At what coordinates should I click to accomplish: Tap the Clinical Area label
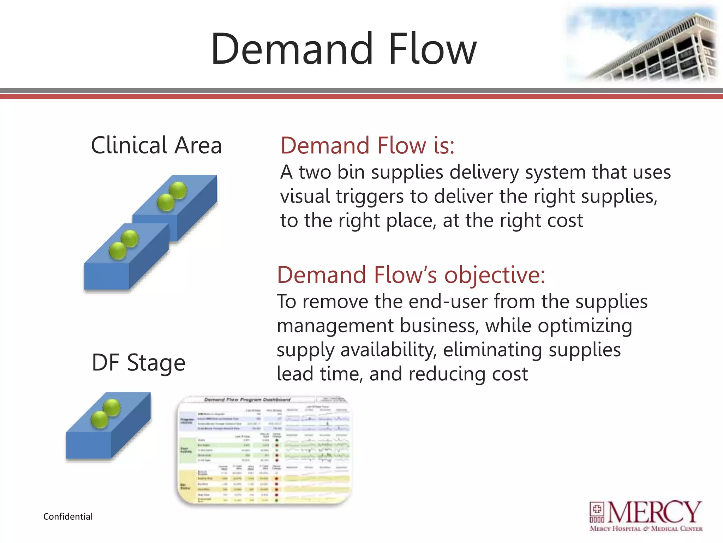pyautogui.click(x=156, y=145)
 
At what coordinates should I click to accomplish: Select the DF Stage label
pyautogui.click(x=138, y=363)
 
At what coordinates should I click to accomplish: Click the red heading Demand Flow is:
pyautogui.click(x=368, y=146)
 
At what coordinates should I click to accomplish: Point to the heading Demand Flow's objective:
pyautogui.click(x=411, y=275)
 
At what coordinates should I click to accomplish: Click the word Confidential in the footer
pyautogui.click(x=68, y=516)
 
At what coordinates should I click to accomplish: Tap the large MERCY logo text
pyautogui.click(x=654, y=512)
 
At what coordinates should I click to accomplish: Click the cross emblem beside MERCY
pyautogui.click(x=597, y=509)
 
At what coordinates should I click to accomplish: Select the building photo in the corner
pyautogui.click(x=643, y=44)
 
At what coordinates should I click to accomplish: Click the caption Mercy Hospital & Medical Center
pyautogui.click(x=646, y=529)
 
